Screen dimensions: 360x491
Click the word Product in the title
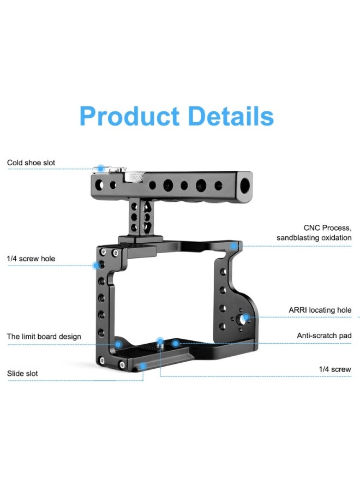(x=129, y=116)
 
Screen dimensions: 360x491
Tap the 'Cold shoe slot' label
(x=31, y=163)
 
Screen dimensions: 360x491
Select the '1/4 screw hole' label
(x=31, y=258)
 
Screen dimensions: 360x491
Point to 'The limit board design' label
(x=44, y=336)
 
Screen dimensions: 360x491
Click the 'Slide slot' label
(x=22, y=373)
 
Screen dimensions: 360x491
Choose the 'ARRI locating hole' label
(x=320, y=310)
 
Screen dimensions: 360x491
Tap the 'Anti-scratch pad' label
(x=324, y=336)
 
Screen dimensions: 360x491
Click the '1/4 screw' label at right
(x=335, y=369)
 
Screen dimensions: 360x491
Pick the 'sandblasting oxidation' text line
(x=314, y=238)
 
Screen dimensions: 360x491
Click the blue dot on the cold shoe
(x=100, y=169)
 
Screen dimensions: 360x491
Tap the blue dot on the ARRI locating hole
(x=247, y=317)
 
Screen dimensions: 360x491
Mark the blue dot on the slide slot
(x=142, y=366)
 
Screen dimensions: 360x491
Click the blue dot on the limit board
(x=118, y=344)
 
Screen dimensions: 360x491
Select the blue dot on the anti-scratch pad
(x=175, y=343)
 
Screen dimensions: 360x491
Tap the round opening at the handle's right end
(x=245, y=185)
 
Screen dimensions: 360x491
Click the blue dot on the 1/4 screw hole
(x=96, y=266)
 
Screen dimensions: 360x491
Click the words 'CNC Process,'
(x=327, y=227)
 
